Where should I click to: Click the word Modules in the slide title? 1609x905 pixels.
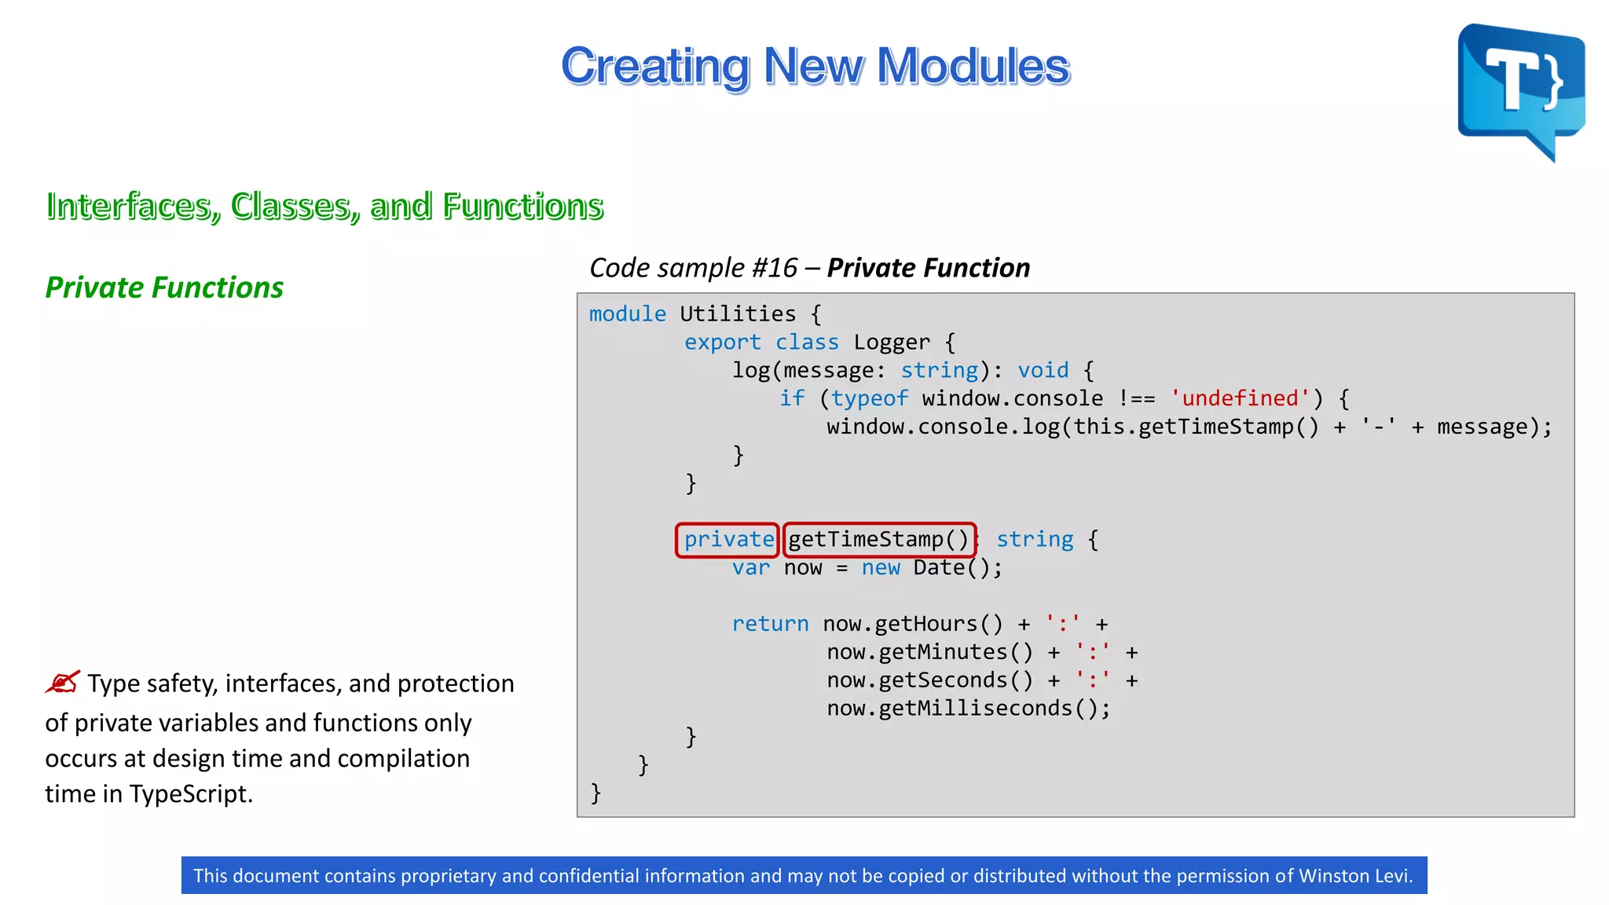click(x=973, y=66)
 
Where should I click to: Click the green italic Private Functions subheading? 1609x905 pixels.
click(x=164, y=288)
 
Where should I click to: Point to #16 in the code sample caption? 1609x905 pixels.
click(x=774, y=268)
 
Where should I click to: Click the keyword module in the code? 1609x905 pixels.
click(x=627, y=314)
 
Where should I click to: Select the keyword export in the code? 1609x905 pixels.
click(x=722, y=343)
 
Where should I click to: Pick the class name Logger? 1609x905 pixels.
click(x=891, y=343)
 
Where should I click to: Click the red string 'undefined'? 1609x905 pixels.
click(x=1240, y=398)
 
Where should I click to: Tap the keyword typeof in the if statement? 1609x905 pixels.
click(x=869, y=399)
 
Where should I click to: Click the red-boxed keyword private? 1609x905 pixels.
click(x=728, y=540)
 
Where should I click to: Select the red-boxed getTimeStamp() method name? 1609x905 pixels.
click(x=879, y=540)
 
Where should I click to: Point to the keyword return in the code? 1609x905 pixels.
click(x=770, y=624)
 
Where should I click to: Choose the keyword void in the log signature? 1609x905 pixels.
click(x=1043, y=371)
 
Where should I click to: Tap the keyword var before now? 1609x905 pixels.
click(x=750, y=568)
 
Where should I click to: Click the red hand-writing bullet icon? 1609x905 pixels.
click(x=63, y=682)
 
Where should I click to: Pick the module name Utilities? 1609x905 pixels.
click(x=738, y=314)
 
